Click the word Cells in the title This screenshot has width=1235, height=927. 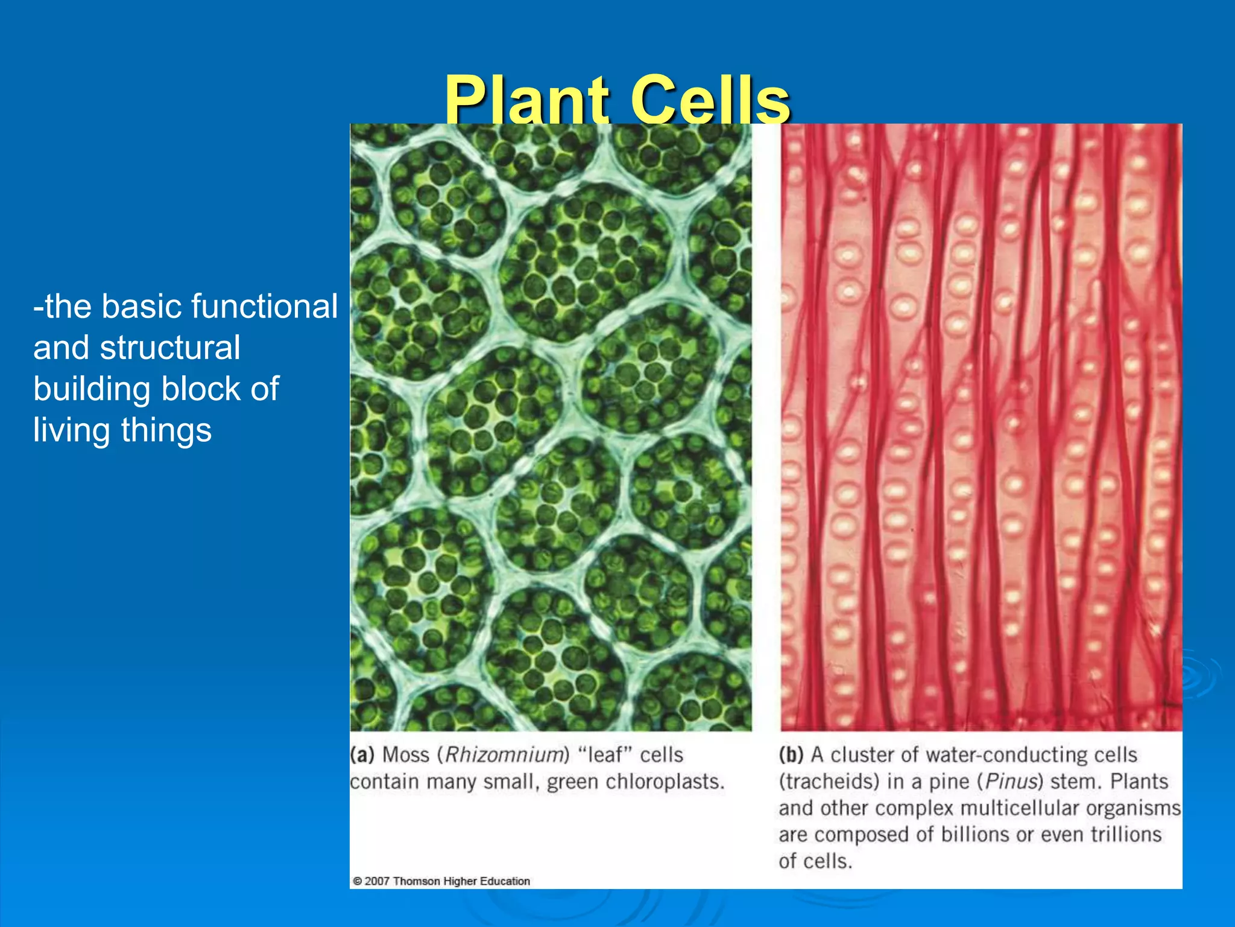710,100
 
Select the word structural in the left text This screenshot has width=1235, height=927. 170,348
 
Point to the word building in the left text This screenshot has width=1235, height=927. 91,389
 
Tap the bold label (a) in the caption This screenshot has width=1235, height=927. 362,755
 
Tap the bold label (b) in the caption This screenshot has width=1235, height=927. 791,755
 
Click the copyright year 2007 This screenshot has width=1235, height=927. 377,881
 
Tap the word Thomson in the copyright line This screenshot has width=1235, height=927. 416,881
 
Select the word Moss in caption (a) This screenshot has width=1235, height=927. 406,755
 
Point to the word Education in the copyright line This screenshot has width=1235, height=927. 505,881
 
